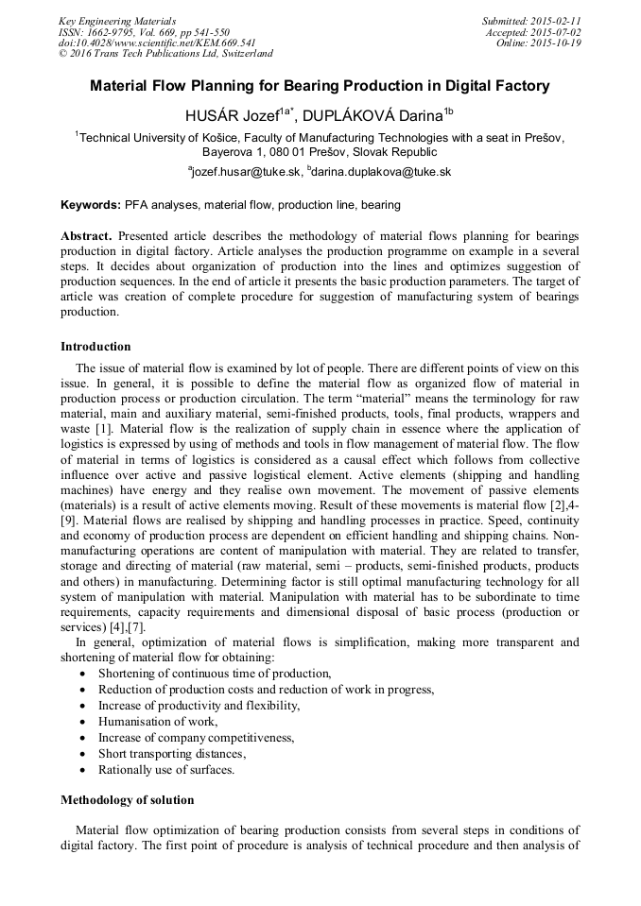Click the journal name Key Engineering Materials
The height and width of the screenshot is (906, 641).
[x=117, y=21]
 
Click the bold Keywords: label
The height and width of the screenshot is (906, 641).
[x=91, y=205]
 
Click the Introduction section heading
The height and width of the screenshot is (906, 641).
[x=95, y=347]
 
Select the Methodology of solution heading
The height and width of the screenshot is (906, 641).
[x=128, y=800]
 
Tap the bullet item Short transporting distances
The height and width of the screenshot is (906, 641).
[x=172, y=753]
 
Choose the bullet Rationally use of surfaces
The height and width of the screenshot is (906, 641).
[x=166, y=769]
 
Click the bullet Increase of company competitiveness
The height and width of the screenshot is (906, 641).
[x=197, y=737]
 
